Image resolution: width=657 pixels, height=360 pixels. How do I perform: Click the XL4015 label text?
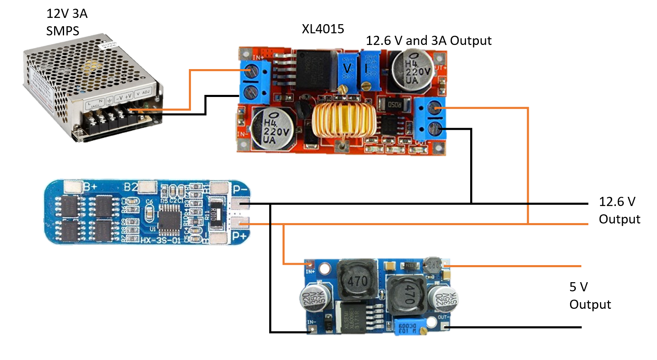(x=323, y=29)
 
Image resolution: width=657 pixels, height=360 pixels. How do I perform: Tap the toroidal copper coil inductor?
(x=344, y=121)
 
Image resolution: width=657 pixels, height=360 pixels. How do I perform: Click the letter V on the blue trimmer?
(x=347, y=68)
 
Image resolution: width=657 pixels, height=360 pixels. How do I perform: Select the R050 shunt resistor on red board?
(x=394, y=104)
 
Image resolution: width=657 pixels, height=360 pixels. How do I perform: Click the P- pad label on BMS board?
(x=240, y=190)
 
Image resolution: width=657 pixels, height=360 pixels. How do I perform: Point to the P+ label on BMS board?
(x=240, y=236)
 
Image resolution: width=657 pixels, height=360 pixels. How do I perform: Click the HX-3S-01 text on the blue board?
(x=160, y=240)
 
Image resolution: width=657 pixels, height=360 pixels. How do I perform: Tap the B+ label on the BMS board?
(x=90, y=186)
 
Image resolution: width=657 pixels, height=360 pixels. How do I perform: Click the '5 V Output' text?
(x=590, y=295)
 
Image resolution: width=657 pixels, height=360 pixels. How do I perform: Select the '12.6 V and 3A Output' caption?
(x=429, y=40)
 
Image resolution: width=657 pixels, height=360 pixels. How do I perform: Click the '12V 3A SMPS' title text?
(x=67, y=22)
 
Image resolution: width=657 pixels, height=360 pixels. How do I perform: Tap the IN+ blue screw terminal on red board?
(x=252, y=71)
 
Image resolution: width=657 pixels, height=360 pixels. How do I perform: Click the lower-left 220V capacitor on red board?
(x=273, y=129)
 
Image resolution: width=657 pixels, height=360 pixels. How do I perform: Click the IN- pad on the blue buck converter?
(x=311, y=329)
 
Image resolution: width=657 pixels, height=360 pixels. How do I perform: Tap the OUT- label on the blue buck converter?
(x=442, y=317)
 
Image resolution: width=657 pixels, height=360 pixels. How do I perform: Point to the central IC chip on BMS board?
(x=169, y=217)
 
